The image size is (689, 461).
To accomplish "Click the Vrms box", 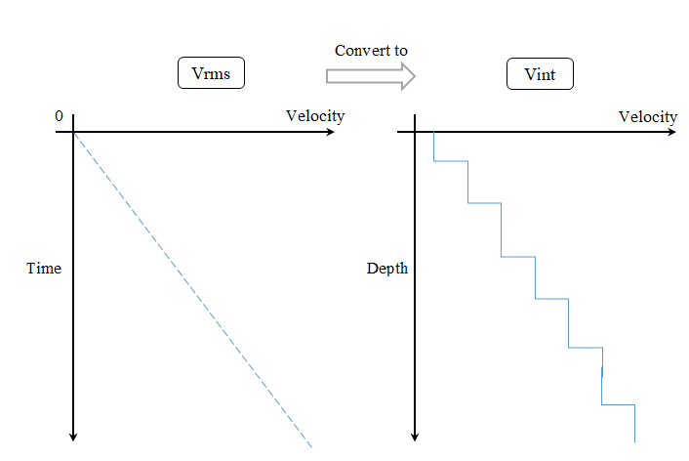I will coord(210,73).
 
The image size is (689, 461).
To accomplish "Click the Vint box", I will coord(540,73).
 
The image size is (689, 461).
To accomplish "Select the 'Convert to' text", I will coord(371,51).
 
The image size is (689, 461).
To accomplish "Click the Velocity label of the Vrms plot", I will coord(314,116).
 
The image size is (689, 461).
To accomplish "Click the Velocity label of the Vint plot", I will coord(647,117).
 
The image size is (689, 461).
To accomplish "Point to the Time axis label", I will coord(44,269).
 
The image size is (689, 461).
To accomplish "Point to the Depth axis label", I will coord(386,269).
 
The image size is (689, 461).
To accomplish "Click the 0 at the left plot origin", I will coord(59,117).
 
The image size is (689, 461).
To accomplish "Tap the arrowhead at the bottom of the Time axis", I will coord(74,436).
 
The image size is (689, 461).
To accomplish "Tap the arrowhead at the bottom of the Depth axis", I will coord(417,436).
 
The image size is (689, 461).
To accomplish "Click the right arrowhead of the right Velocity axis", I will coord(672,130).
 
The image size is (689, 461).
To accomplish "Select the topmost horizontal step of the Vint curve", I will coord(451,161).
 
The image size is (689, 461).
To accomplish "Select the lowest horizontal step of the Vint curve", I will coord(619,404).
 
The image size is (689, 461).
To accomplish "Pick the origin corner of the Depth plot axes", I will coord(417,130).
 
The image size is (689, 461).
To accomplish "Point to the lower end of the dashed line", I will coord(310,444).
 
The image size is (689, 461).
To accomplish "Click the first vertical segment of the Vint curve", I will coord(433,146).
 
